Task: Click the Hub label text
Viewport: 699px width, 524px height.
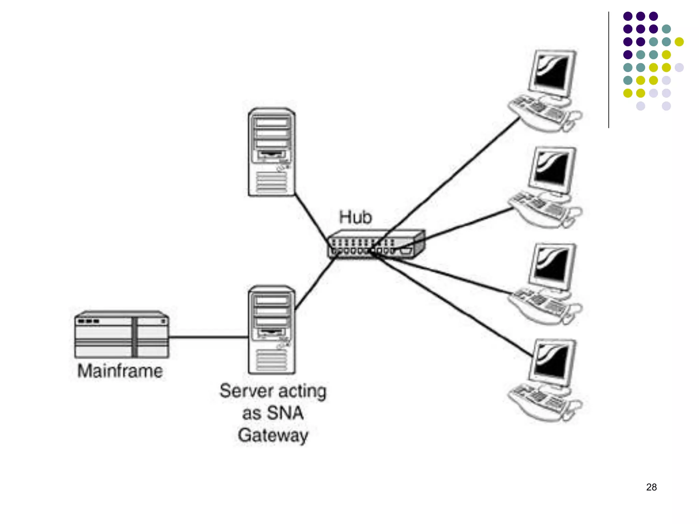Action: [355, 217]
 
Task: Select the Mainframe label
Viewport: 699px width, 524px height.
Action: [120, 371]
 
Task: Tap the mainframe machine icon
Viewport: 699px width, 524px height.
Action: [122, 335]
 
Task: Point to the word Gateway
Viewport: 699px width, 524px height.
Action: [273, 436]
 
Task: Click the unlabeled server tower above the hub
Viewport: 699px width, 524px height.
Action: [272, 152]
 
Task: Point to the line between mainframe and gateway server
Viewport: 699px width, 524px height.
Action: [208, 337]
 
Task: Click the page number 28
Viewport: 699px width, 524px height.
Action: [651, 487]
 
